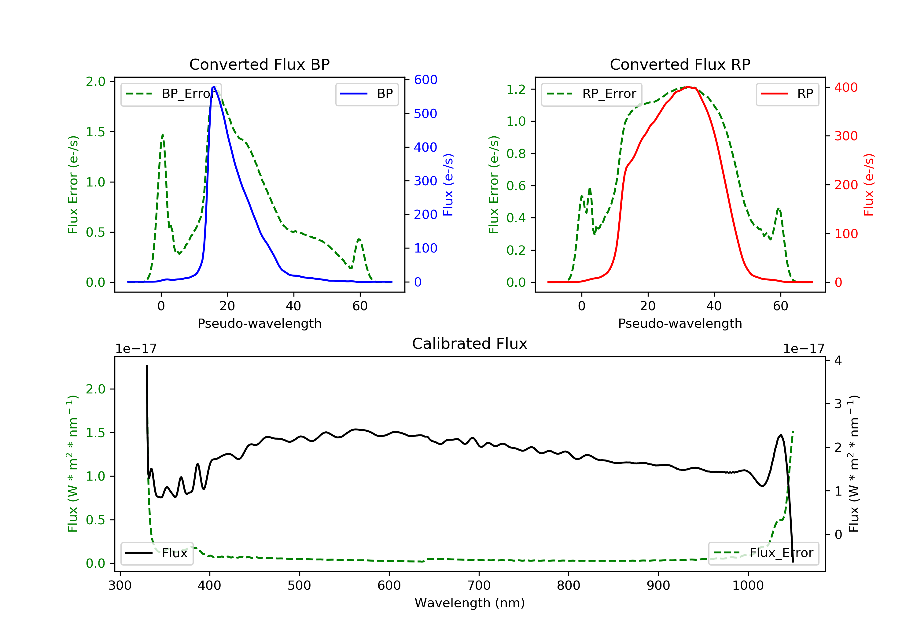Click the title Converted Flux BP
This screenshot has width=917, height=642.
259,64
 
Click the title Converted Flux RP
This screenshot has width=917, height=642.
680,64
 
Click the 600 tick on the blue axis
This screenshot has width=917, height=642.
425,80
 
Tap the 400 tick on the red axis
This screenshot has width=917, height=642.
846,87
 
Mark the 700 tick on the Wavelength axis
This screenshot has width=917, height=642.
478,586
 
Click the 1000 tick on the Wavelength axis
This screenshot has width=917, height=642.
748,586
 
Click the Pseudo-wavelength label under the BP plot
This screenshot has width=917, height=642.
259,323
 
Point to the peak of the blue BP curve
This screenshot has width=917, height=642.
214,87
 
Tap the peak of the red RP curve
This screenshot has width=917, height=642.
688,87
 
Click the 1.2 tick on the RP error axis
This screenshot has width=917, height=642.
516,90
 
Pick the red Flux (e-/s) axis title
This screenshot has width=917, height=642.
868,185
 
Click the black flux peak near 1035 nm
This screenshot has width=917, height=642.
780,435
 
